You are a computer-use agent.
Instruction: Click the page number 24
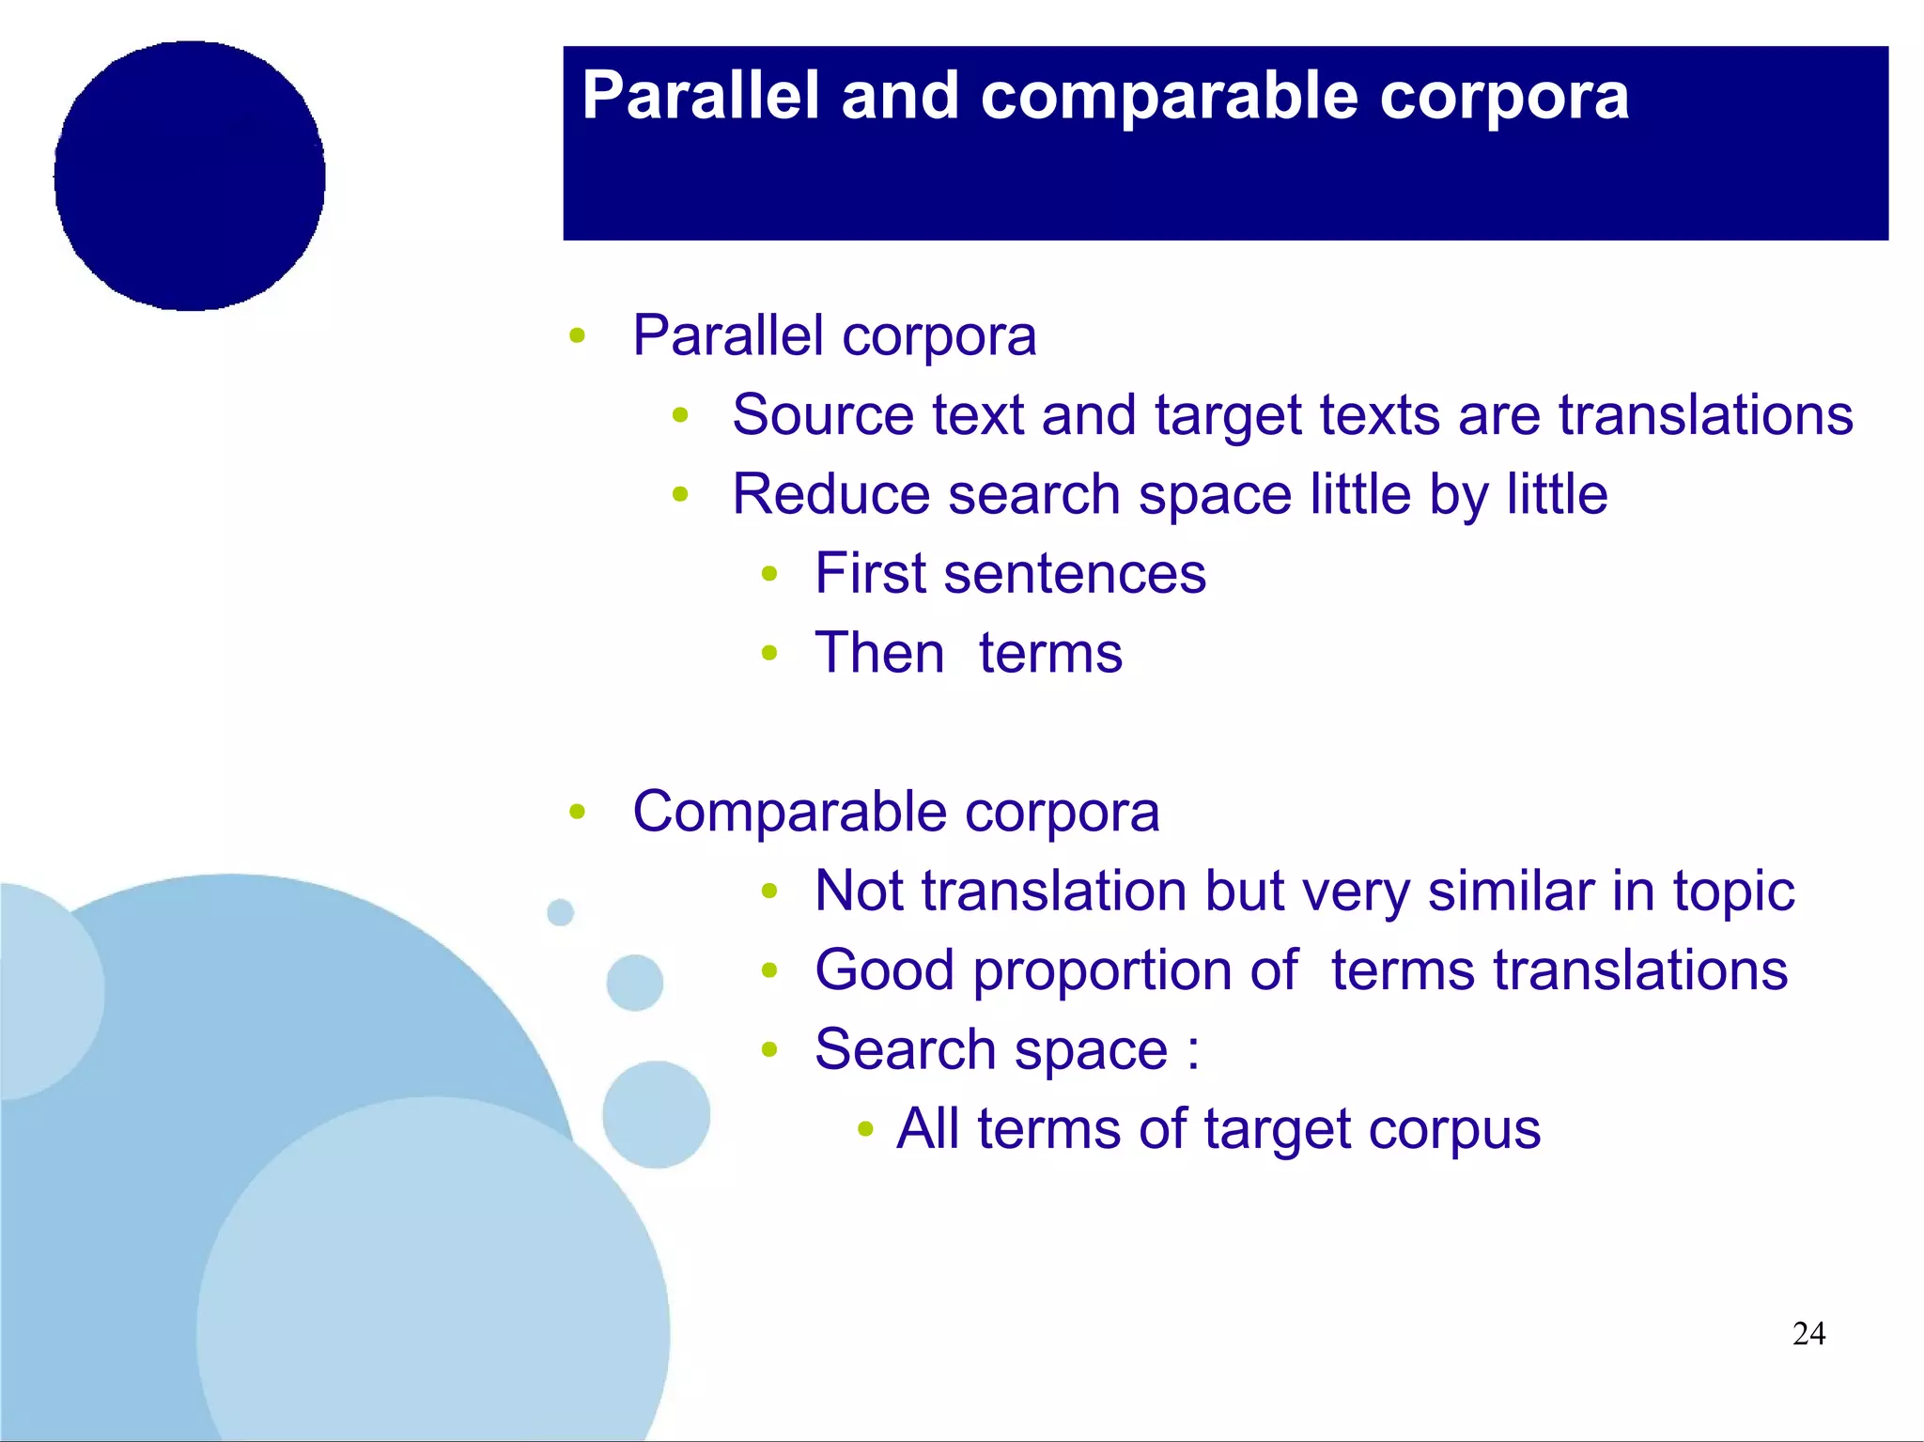(1808, 1333)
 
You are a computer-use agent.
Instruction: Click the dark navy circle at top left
(190, 176)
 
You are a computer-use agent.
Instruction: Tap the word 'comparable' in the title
(1169, 96)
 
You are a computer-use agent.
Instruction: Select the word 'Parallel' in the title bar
(701, 96)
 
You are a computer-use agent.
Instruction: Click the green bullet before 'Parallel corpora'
(577, 335)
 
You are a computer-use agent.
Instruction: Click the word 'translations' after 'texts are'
(1705, 414)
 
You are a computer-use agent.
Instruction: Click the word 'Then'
(879, 653)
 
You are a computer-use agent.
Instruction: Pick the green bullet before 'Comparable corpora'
(577, 812)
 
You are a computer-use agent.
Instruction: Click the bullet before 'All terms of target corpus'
(866, 1128)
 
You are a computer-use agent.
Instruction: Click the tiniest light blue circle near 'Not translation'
(560, 911)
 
